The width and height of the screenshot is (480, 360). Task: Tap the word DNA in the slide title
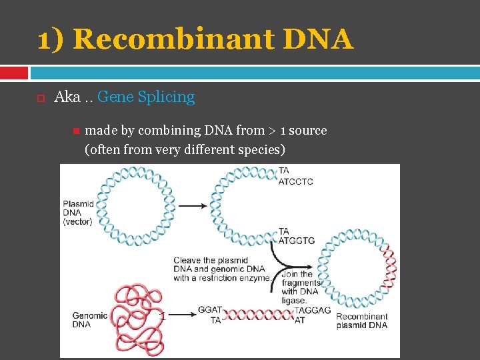tap(318, 39)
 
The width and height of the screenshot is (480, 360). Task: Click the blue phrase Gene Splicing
tap(146, 97)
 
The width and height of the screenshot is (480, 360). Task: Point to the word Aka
tap(67, 97)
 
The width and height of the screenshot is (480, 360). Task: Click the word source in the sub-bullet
tap(308, 131)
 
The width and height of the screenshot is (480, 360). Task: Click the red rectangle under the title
tap(14, 72)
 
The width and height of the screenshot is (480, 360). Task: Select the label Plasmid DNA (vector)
tap(78, 212)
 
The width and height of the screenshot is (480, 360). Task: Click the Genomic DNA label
tap(90, 320)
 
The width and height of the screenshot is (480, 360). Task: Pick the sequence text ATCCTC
tap(295, 181)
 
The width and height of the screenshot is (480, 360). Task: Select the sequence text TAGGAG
tap(313, 311)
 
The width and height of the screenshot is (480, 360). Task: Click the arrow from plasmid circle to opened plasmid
tap(193, 206)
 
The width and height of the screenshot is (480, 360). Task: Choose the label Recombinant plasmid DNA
tap(362, 321)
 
